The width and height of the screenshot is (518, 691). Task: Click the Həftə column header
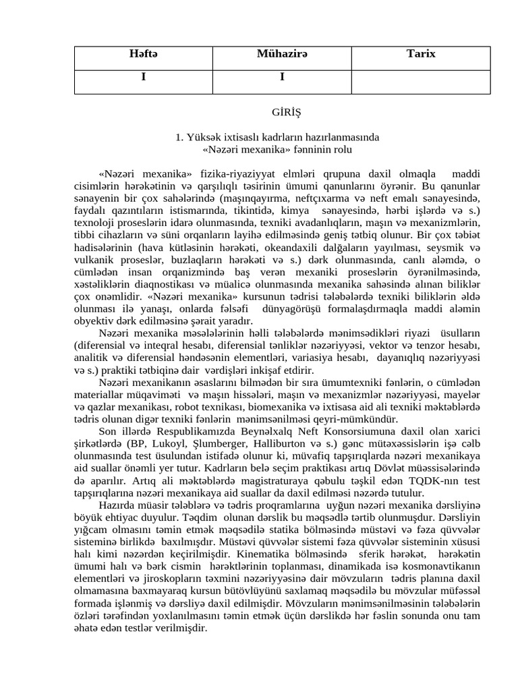(x=143, y=54)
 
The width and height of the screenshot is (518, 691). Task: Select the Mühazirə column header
(x=281, y=54)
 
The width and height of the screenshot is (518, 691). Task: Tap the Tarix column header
(x=421, y=54)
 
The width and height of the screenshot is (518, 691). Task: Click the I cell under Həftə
(x=143, y=77)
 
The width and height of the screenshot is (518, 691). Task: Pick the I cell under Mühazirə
(x=281, y=77)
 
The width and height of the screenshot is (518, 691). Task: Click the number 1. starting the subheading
(x=179, y=137)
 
